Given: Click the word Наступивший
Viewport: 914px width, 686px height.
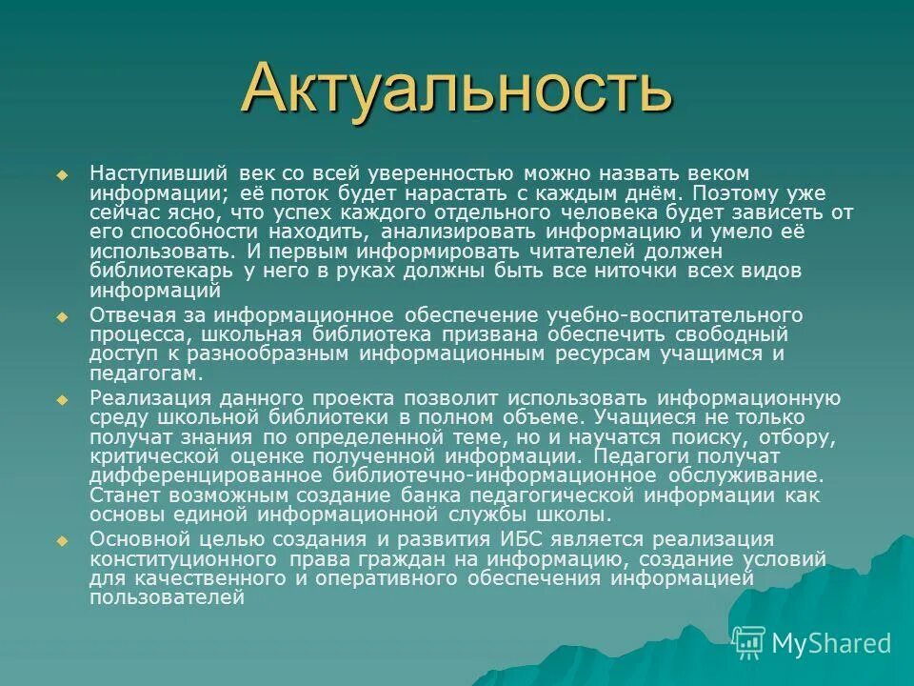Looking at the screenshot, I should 158,173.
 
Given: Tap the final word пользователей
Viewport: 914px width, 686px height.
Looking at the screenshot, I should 168,598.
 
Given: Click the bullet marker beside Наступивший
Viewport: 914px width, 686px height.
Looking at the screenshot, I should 63,175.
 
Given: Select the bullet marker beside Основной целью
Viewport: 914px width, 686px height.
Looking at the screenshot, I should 63,541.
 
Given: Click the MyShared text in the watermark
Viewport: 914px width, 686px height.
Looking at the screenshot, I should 831,643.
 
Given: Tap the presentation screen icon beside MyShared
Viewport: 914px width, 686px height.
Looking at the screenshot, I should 749,643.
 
